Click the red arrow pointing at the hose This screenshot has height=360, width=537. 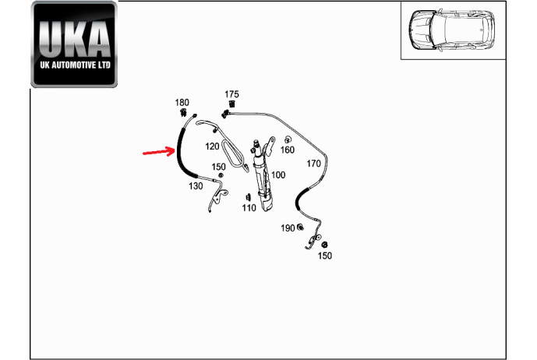159,151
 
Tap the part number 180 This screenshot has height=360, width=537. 182,102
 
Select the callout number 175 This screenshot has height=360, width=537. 231,94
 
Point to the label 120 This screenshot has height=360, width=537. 212,146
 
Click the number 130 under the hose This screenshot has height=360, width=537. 196,186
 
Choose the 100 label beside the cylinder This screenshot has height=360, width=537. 278,175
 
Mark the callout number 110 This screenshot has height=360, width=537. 249,208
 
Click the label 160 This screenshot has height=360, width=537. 288,150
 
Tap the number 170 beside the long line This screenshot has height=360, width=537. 313,164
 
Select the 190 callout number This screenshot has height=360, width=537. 288,228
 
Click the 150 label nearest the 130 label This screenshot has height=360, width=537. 218,167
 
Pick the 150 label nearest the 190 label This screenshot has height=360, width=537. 325,256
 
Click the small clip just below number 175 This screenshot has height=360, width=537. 231,104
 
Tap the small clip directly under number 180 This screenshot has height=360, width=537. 183,112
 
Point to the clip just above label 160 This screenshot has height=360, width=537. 288,139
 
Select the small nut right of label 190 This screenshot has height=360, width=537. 300,227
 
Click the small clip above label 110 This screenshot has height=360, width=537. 246,197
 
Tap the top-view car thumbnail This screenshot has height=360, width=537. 451,30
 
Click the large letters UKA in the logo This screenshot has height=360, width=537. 74,39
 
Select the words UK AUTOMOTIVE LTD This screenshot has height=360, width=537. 75,65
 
